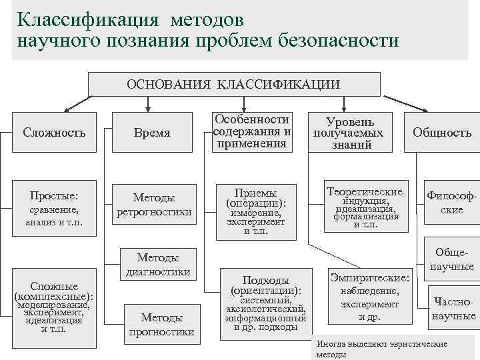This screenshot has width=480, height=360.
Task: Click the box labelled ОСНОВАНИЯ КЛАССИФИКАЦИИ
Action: pyautogui.click(x=234, y=84)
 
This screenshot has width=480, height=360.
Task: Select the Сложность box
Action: pyautogui.click(x=54, y=132)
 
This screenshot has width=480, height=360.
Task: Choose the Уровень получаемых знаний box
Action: pyautogui.click(x=349, y=132)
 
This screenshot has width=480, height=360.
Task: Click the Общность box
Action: pyautogui.click(x=441, y=132)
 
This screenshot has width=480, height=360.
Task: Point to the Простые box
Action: pyautogui.click(x=54, y=209)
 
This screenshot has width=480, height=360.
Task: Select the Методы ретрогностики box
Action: pyautogui.click(x=155, y=205)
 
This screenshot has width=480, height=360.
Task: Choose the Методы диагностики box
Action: pyautogui.click(x=157, y=264)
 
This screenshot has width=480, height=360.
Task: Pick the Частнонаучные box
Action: pyautogui.click(x=453, y=308)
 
